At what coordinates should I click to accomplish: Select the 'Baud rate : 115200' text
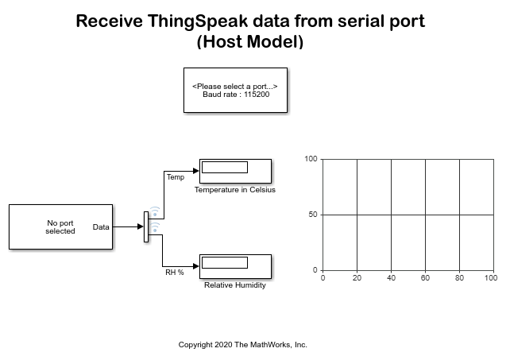pyautogui.click(x=236, y=95)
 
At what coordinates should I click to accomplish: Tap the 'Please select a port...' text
pyautogui.click(x=235, y=87)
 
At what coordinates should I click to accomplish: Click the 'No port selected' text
pyautogui.click(x=60, y=226)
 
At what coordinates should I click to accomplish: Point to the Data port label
pyautogui.click(x=101, y=226)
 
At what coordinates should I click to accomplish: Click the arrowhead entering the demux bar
pyautogui.click(x=141, y=226)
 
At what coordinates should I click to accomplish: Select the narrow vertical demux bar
pyautogui.click(x=146, y=226)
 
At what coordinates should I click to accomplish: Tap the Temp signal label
pyautogui.click(x=176, y=177)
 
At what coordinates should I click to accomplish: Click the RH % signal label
pyautogui.click(x=175, y=272)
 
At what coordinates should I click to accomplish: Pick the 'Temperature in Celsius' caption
pyautogui.click(x=235, y=190)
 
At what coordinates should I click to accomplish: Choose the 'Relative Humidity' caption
pyautogui.click(x=235, y=285)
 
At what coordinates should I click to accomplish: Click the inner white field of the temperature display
pyautogui.click(x=225, y=168)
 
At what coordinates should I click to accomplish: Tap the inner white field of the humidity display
pyautogui.click(x=225, y=263)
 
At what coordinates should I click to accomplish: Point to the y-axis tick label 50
pyautogui.click(x=313, y=215)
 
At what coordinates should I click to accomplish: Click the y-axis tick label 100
pyautogui.click(x=311, y=159)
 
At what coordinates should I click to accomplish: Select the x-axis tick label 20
pyautogui.click(x=357, y=278)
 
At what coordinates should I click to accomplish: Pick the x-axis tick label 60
pyautogui.click(x=425, y=278)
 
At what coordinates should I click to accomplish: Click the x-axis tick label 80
pyautogui.click(x=459, y=278)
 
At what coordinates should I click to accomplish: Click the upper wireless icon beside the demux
pyautogui.click(x=155, y=211)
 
